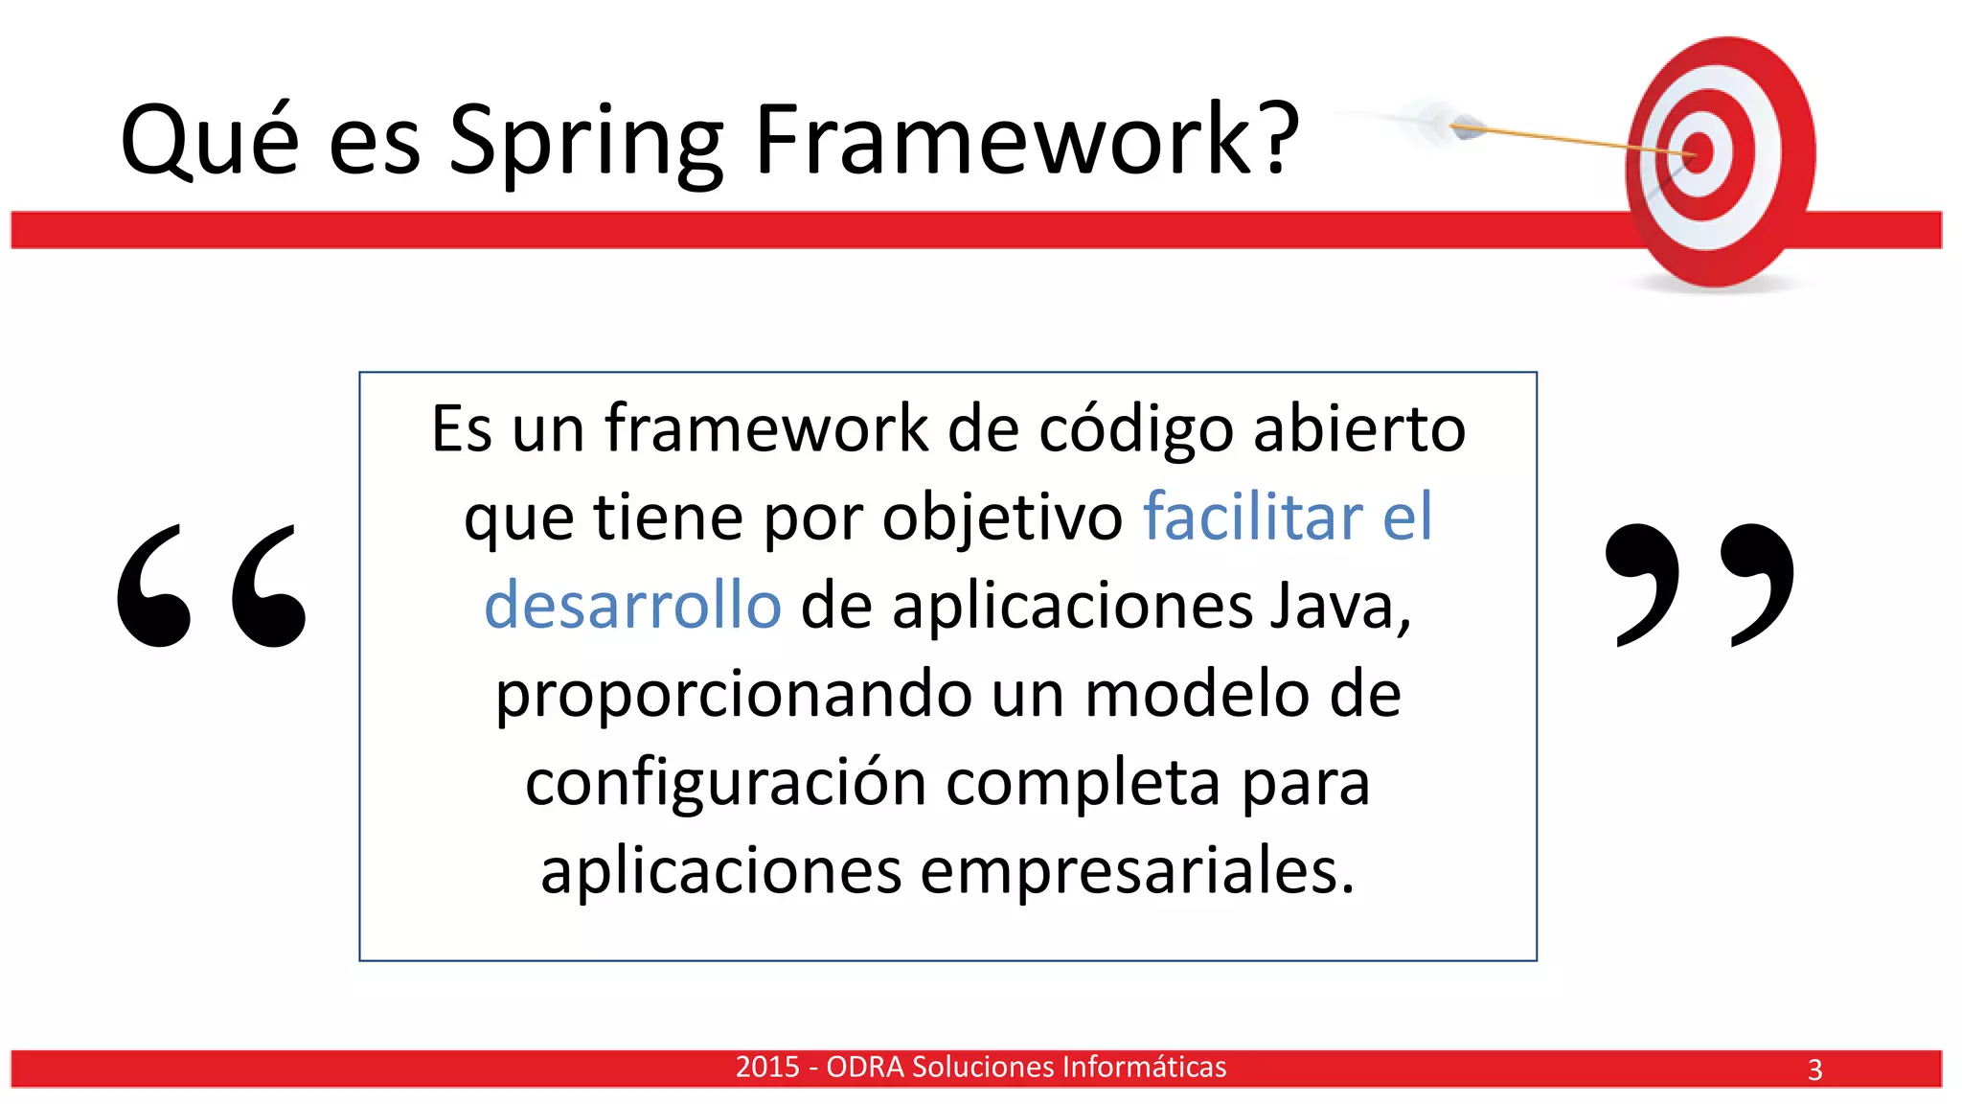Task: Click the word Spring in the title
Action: pyautogui.click(x=586, y=142)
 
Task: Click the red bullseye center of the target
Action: pyautogui.click(x=1699, y=153)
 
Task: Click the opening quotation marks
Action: pyautogui.click(x=212, y=586)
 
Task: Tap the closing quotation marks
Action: pyautogui.click(x=1700, y=585)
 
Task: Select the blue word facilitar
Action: pyautogui.click(x=1252, y=517)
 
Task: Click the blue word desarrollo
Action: pyautogui.click(x=632, y=606)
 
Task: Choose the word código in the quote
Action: pyautogui.click(x=1136, y=428)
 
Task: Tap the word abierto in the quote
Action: pyautogui.click(x=1359, y=428)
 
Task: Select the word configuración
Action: pyautogui.click(x=726, y=784)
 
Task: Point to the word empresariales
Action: pyautogui.click(x=1137, y=872)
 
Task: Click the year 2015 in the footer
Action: pyautogui.click(x=767, y=1067)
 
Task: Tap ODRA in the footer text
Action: pyautogui.click(x=864, y=1067)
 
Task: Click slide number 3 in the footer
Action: pyautogui.click(x=1814, y=1069)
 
